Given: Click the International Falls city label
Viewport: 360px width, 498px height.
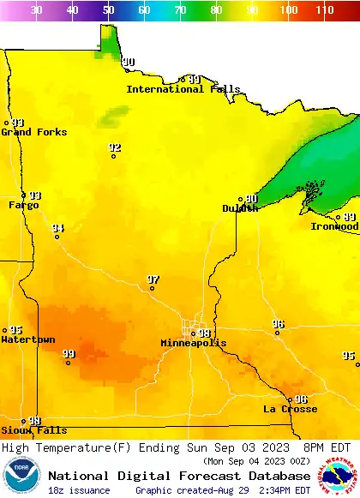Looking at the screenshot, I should [x=177, y=89].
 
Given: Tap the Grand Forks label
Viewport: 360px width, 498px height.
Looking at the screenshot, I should [x=28, y=132].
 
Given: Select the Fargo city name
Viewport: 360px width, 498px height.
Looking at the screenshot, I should [x=23, y=205].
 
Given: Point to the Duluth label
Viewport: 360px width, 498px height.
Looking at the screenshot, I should [x=240, y=208].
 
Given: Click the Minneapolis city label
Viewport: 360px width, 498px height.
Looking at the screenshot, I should [x=194, y=343].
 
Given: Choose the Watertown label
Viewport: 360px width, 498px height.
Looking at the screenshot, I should [x=28, y=339].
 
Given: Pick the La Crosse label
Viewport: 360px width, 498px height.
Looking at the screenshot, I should [x=287, y=409].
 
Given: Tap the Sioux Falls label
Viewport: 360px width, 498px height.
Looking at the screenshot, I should [x=33, y=430].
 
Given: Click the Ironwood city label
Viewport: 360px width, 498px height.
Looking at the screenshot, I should [x=334, y=226].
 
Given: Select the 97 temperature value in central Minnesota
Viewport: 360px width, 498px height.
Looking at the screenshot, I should [x=153, y=279].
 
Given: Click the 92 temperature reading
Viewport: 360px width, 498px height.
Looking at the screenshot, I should [x=115, y=147].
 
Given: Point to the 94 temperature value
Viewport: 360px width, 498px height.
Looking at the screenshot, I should [x=57, y=228].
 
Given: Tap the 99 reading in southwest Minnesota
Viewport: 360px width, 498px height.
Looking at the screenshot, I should [x=69, y=353].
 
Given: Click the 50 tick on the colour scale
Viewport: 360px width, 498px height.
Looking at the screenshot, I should [x=108, y=10].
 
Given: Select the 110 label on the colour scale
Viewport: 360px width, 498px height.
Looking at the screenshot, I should [x=324, y=10].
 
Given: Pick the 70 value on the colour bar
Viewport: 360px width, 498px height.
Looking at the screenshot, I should [x=180, y=10].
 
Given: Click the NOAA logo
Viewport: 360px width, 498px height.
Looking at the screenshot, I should [x=21, y=477].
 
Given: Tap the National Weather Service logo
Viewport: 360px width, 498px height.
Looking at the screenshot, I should [x=339, y=476].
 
